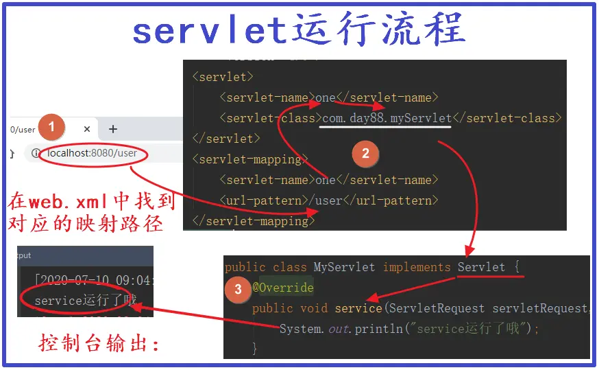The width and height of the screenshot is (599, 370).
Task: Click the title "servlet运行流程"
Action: (299, 30)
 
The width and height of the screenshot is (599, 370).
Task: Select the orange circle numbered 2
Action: (365, 154)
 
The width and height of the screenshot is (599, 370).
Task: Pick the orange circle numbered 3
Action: (238, 289)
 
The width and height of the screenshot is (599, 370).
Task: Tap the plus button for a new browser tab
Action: (113, 129)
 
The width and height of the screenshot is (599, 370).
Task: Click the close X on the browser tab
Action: (87, 129)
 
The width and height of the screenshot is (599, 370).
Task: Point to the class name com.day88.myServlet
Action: (387, 118)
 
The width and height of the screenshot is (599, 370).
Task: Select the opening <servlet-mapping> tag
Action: (247, 159)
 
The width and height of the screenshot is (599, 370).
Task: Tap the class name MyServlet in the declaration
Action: (344, 267)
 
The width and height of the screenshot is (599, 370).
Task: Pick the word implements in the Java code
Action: (417, 267)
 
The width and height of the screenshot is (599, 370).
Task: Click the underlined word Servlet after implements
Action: (481, 267)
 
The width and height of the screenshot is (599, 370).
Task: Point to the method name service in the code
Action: (358, 308)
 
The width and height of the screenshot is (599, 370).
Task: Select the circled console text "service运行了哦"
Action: (85, 300)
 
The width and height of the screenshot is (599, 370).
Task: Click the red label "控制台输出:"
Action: (99, 342)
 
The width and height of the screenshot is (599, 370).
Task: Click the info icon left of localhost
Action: (37, 153)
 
